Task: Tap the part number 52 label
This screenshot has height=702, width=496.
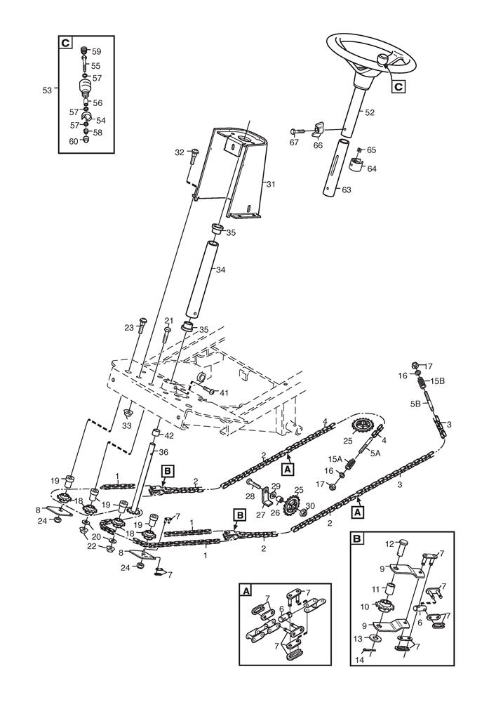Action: (370, 112)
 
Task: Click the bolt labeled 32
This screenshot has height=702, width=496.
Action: (194, 154)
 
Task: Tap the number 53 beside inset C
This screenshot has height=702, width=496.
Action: (48, 91)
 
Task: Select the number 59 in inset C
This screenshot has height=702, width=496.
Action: (96, 51)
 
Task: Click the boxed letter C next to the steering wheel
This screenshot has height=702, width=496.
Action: (398, 86)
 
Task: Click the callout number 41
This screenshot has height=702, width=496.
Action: (225, 392)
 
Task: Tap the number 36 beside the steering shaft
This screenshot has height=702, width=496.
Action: (163, 452)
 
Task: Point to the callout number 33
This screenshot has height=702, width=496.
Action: (128, 425)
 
